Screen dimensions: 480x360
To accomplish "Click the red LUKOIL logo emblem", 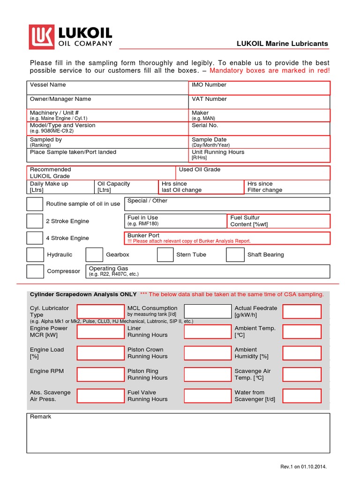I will pyautogui.click(x=42, y=37).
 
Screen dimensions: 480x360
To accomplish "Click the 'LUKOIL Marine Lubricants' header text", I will pyautogui.click(x=283, y=44).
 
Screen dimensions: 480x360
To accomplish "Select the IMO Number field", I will pyautogui.click(x=259, y=88).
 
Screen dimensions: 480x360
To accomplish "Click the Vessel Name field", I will pyautogui.click(x=107, y=88).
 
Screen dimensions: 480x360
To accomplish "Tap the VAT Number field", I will pyautogui.click(x=259, y=102).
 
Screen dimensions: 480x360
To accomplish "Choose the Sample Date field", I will pyautogui.click(x=259, y=142).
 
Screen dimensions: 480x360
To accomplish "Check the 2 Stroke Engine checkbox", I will pyautogui.click(x=35, y=221).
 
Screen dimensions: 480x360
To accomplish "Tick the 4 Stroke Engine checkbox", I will pyautogui.click(x=35, y=238).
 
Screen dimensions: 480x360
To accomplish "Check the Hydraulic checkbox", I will pyautogui.click(x=35, y=255).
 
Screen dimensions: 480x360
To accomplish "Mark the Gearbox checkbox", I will pyautogui.click(x=94, y=255).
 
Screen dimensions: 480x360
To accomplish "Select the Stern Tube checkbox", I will pyautogui.click(x=165, y=255).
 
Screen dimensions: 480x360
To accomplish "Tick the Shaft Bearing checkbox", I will pyautogui.click(x=235, y=255).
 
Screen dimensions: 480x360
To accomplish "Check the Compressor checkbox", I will pyautogui.click(x=35, y=271).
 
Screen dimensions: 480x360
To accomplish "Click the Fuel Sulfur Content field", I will pyautogui.click(x=278, y=221).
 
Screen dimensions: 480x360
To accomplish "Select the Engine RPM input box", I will pyautogui.click(x=100, y=375).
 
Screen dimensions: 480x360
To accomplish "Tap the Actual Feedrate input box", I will pyautogui.click(x=302, y=311).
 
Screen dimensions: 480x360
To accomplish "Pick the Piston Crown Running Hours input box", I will pyautogui.click(x=207, y=353).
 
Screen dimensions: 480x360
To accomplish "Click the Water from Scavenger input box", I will pyautogui.click(x=302, y=396).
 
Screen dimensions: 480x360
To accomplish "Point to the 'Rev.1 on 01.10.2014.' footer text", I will pyautogui.click(x=303, y=467).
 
